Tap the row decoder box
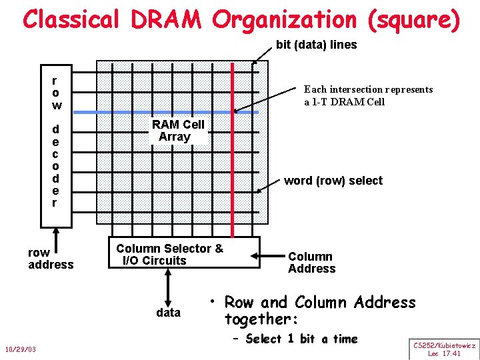pos(57,143)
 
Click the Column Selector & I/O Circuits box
pos(185,253)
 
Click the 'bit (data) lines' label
pos(317,45)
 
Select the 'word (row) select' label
pos(333,181)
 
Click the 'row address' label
pos(51,259)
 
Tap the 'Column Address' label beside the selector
pos(311,263)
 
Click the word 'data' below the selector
pos(168,312)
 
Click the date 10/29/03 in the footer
pos(21,350)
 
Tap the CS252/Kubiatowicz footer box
pos(444,349)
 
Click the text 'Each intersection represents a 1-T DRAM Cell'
pos(368,95)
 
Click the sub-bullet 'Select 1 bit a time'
pos(301,339)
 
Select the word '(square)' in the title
pos(413,19)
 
